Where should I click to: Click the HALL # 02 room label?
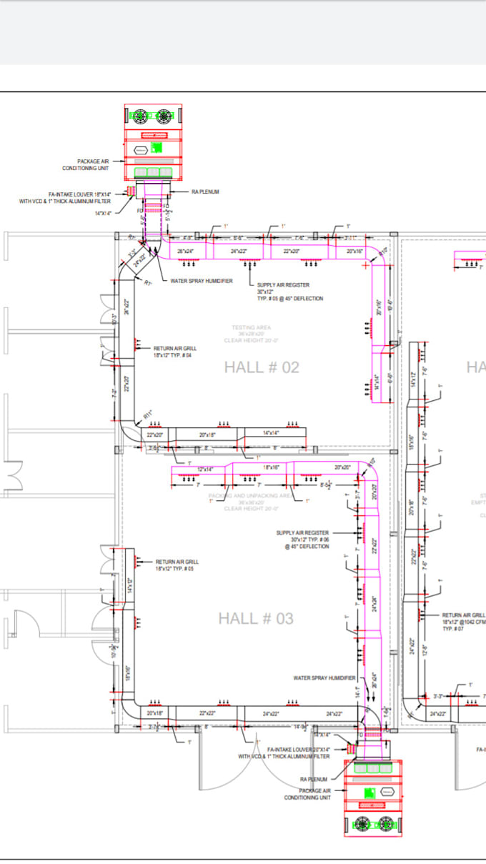262,367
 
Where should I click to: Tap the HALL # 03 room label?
256,618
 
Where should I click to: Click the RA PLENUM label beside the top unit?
205,192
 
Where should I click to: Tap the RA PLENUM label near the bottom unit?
314,779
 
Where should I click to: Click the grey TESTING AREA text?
251,328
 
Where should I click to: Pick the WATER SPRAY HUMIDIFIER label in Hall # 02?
201,281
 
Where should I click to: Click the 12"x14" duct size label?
206,469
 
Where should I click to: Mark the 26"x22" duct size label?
127,307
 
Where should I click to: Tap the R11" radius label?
148,414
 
